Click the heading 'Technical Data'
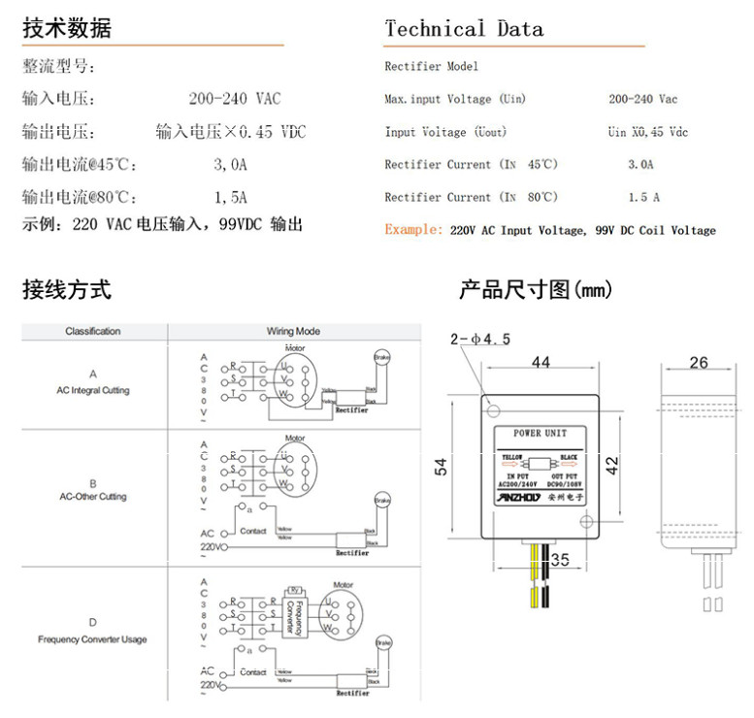pyautogui.click(x=464, y=28)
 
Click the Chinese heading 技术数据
pyautogui.click(x=67, y=28)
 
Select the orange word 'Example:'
pyautogui.click(x=414, y=230)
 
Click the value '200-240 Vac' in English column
pyautogui.click(x=642, y=99)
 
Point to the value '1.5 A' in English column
pyautogui.click(x=643, y=197)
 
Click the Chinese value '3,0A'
pyautogui.click(x=231, y=165)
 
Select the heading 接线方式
pyautogui.click(x=67, y=289)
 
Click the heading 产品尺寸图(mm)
pyautogui.click(x=536, y=289)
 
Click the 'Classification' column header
pyautogui.click(x=93, y=331)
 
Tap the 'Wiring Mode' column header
pyautogui.click(x=293, y=331)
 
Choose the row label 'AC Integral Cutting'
pyautogui.click(x=93, y=390)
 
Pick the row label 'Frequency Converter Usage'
pyautogui.click(x=93, y=639)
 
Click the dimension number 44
pyautogui.click(x=541, y=362)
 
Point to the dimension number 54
pyautogui.click(x=442, y=467)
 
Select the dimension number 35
pyautogui.click(x=560, y=560)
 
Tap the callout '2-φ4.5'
pyautogui.click(x=480, y=339)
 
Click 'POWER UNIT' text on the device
pyautogui.click(x=541, y=433)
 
